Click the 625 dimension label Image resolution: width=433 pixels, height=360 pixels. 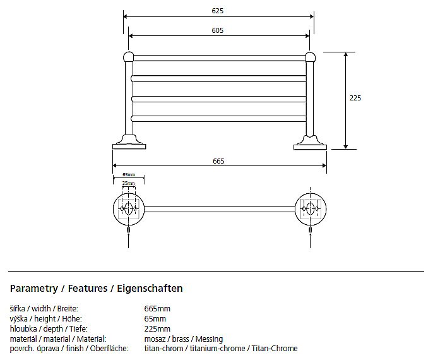[x=217, y=11]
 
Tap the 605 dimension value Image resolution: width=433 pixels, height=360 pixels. [x=217, y=30]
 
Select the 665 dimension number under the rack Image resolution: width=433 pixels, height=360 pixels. [x=218, y=161]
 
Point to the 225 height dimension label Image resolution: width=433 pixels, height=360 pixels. [x=355, y=98]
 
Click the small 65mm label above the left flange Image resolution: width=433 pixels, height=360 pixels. [x=129, y=174]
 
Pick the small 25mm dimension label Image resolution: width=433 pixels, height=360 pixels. [x=128, y=183]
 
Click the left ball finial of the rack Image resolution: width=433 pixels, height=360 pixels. [x=128, y=57]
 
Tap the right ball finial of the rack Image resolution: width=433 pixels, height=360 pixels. [x=311, y=57]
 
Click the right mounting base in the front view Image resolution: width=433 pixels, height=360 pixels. [x=310, y=143]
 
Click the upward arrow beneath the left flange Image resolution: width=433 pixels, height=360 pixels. [x=128, y=240]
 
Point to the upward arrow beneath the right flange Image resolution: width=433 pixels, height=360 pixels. [x=311, y=240]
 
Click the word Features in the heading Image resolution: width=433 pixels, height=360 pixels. [x=88, y=289]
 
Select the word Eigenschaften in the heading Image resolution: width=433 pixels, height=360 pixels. [x=150, y=289]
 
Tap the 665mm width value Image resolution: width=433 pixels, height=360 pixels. [x=157, y=309]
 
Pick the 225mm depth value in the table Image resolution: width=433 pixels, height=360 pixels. [x=157, y=329]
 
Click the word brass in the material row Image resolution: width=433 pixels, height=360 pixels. [x=181, y=339]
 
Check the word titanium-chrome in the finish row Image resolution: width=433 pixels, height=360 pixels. [x=217, y=349]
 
